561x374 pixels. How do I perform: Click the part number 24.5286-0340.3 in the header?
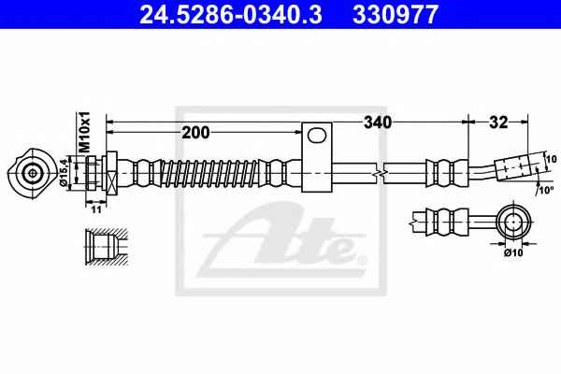point(231,15)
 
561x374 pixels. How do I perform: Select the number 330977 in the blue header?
point(396,15)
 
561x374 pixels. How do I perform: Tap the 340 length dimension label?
point(378,122)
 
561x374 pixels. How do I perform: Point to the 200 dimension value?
point(195,133)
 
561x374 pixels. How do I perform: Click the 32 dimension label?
point(498,122)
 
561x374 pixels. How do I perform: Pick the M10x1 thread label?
point(85,132)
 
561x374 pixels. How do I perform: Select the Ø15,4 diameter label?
point(64,171)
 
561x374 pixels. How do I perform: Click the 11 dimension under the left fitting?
point(96,209)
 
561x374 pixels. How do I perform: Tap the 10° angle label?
point(545,190)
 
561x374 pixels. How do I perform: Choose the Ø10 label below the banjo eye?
point(513,252)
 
